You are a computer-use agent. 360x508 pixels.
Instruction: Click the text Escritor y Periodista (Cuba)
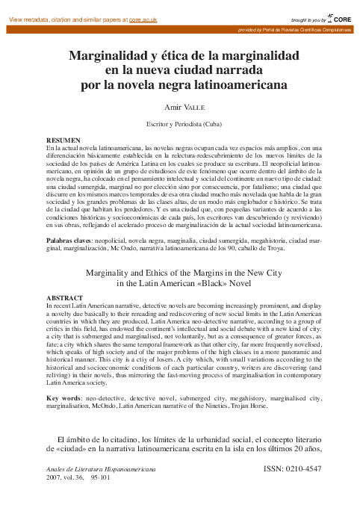pyautogui.click(x=181, y=124)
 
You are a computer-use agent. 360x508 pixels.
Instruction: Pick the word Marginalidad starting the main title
pyautogui.click(x=111, y=55)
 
